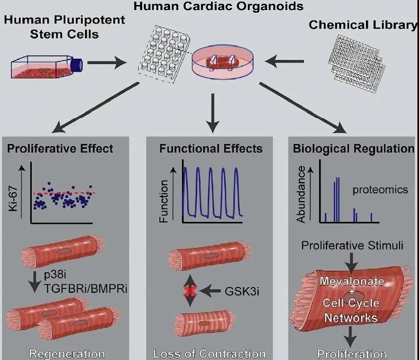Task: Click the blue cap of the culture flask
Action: point(77,64)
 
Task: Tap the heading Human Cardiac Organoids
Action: point(211,7)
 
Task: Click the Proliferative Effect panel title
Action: point(60,148)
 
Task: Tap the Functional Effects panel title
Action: point(211,148)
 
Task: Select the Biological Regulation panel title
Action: point(353,148)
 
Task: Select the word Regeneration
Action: point(67,354)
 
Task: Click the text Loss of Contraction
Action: point(210,354)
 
